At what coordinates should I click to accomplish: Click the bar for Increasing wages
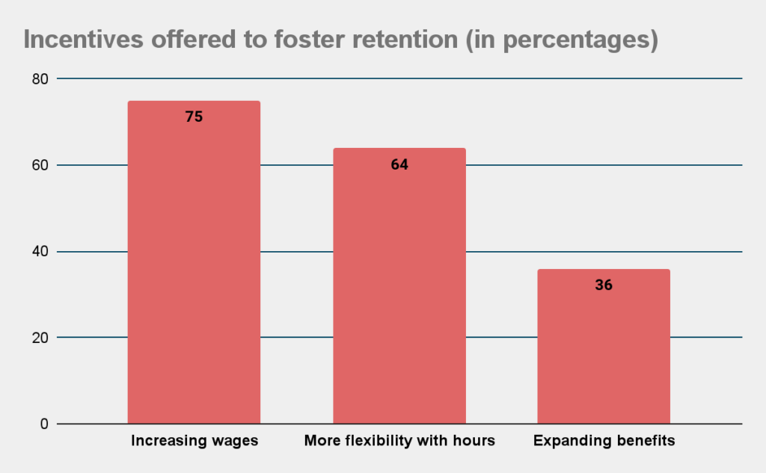point(194,262)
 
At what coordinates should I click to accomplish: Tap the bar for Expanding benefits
point(604,347)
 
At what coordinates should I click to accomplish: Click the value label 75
point(194,117)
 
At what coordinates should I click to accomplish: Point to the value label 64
point(399,164)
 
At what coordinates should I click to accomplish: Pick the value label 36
point(604,285)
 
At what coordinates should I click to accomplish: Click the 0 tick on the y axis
point(44,424)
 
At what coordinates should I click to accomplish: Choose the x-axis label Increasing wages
point(194,441)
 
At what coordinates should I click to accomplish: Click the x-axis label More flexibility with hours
point(399,441)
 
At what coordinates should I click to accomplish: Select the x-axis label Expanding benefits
point(604,441)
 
